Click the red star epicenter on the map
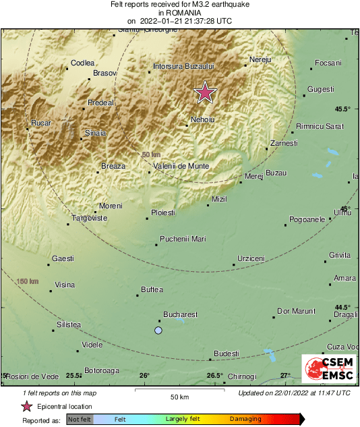pyautogui.click(x=205, y=92)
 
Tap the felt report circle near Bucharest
pyautogui.click(x=158, y=330)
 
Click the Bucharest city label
pyautogui.click(x=181, y=314)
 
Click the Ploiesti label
pyautogui.click(x=162, y=212)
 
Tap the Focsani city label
pyautogui.click(x=328, y=63)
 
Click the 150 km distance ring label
pyautogui.click(x=28, y=281)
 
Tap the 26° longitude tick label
pyautogui.click(x=144, y=376)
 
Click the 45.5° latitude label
pyautogui.click(x=343, y=109)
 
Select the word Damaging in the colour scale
pyautogui.click(x=245, y=419)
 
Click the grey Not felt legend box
pyautogui.click(x=80, y=419)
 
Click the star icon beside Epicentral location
pyautogui.click(x=26, y=406)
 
